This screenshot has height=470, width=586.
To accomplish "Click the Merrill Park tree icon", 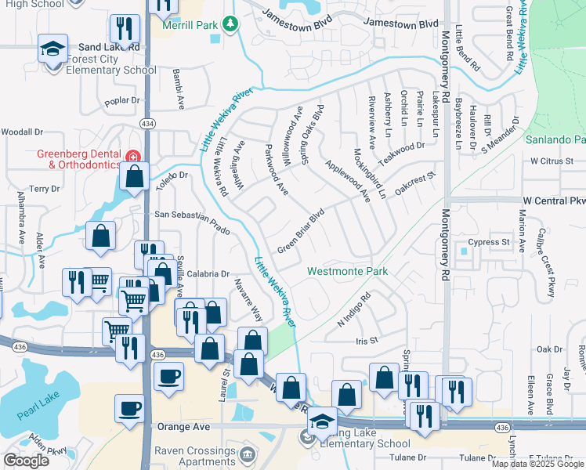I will click(x=230, y=25).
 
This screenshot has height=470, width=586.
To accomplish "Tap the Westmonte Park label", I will click(x=347, y=272).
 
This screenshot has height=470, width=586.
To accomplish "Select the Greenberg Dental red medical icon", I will click(x=134, y=155).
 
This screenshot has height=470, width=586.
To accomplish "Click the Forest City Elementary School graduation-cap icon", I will click(x=52, y=51).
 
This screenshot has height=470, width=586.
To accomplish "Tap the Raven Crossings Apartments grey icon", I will click(x=248, y=454).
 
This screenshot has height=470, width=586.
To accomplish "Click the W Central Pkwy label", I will click(x=554, y=201).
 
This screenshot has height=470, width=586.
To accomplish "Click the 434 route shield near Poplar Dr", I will click(x=146, y=124).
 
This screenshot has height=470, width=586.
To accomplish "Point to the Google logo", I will click(x=26, y=461).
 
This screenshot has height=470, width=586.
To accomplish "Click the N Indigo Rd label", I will click(x=353, y=310).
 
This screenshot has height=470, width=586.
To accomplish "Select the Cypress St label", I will click(x=489, y=242).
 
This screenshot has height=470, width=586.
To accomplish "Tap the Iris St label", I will click(x=367, y=341).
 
